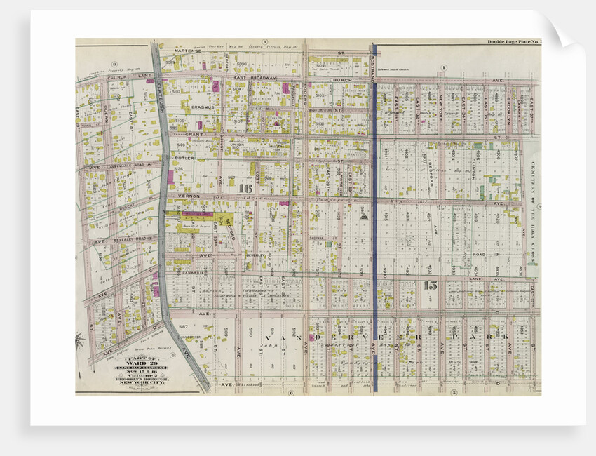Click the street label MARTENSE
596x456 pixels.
pyautogui.click(x=189, y=51)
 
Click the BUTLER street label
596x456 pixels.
pyautogui.click(x=185, y=160)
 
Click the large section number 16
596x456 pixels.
pyautogui.click(x=245, y=188)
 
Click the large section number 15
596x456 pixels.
pyautogui.click(x=431, y=285)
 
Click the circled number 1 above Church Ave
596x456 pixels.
pyautogui.click(x=443, y=67)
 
